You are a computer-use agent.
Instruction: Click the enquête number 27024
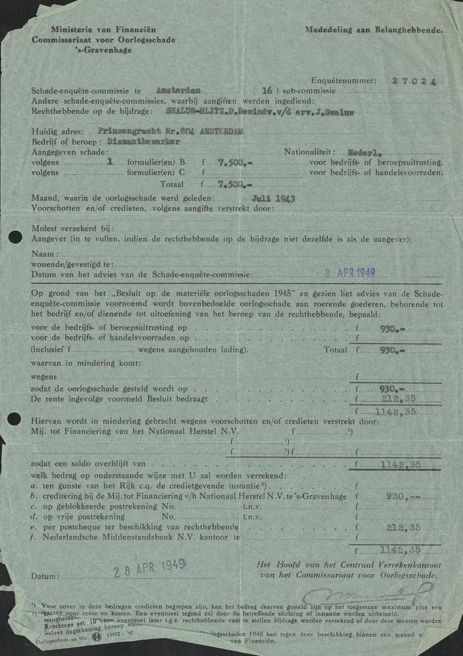(x=414, y=81)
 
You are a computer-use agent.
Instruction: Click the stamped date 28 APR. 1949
(x=150, y=567)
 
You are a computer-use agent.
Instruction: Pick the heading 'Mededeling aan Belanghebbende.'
(x=374, y=30)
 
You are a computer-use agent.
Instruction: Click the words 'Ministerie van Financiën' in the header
(x=91, y=30)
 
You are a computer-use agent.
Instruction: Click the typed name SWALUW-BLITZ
(x=194, y=111)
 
